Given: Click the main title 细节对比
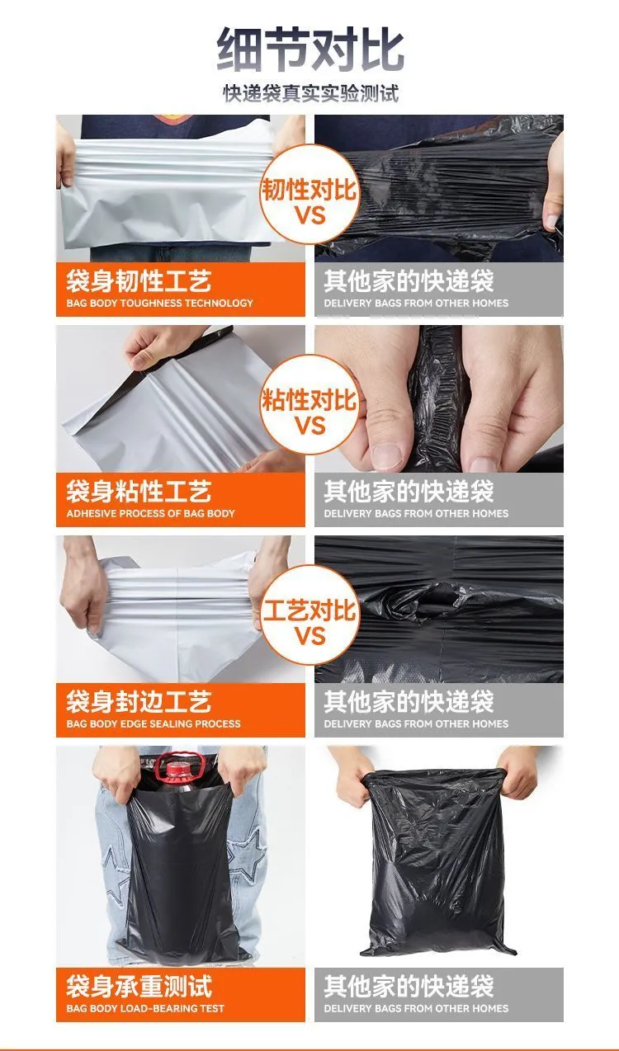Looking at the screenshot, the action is (x=310, y=49).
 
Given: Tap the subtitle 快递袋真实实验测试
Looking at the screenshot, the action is (x=310, y=93).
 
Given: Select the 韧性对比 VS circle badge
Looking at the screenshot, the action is (x=309, y=194).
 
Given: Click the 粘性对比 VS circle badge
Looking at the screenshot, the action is (x=309, y=404).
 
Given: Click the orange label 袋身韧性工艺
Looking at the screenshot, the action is (x=139, y=280).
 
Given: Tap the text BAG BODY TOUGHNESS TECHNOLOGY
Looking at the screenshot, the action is (x=159, y=303).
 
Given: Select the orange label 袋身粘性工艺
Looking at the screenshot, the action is (x=139, y=491).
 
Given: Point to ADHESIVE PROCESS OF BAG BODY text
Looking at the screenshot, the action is (x=151, y=513).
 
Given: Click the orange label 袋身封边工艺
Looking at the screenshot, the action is (x=139, y=701).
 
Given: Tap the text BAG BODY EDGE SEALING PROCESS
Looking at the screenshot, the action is (x=154, y=723).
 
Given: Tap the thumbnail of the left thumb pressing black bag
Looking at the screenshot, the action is (x=386, y=455).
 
